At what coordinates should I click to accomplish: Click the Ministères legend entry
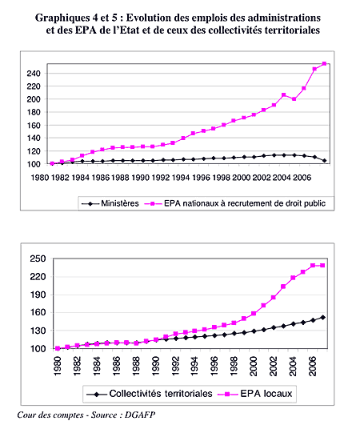coord(110,203)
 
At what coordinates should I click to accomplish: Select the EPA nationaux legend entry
coord(235,203)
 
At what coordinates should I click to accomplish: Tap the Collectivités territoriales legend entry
coord(150,394)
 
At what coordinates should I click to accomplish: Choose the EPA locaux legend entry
coord(255,394)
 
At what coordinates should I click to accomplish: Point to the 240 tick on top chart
coord(34,74)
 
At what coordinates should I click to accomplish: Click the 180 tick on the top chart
coord(34,112)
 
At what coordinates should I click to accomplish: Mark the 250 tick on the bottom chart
coord(38,259)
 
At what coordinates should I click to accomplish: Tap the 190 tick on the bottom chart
coord(38,295)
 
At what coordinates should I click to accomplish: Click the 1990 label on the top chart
coord(140,178)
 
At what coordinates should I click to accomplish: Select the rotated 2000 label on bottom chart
coord(254,367)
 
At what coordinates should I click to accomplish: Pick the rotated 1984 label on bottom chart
coord(97,367)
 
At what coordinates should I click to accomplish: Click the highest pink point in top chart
coord(324,64)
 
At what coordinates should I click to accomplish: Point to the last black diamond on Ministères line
coord(325,160)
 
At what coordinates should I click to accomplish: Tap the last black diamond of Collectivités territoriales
coord(323,318)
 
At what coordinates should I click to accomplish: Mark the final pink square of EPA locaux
coord(322,266)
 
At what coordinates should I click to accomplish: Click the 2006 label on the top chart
coord(302,178)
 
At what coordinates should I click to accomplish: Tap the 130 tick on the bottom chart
coord(38,331)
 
